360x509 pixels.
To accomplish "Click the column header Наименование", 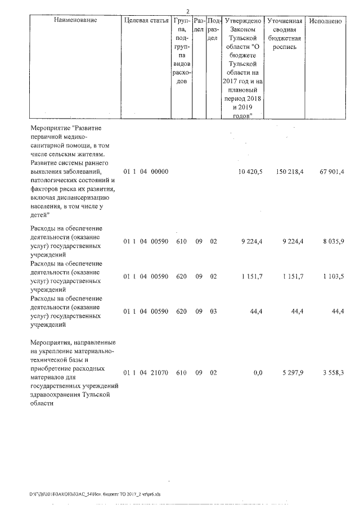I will click(76, 21).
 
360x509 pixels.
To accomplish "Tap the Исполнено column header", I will click(326, 21).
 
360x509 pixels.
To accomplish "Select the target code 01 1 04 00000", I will click(146, 171).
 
